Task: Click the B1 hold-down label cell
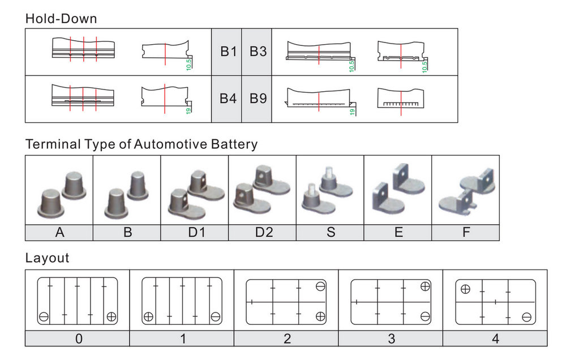pos(228,52)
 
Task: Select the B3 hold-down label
pos(258,52)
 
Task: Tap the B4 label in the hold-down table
pos(228,99)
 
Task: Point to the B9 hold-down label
pos(258,99)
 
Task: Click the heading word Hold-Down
pos(61,19)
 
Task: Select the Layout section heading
pos(47,258)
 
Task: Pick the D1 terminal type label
pos(194,233)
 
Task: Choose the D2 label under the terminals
pos(262,233)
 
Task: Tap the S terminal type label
pos(330,233)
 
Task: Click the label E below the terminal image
pos(398,233)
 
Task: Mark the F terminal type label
pos(466,233)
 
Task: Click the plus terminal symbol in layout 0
pos(112,316)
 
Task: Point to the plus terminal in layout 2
pos(320,316)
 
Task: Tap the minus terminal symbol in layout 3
pos(425,316)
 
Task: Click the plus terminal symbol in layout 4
pos(465,289)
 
